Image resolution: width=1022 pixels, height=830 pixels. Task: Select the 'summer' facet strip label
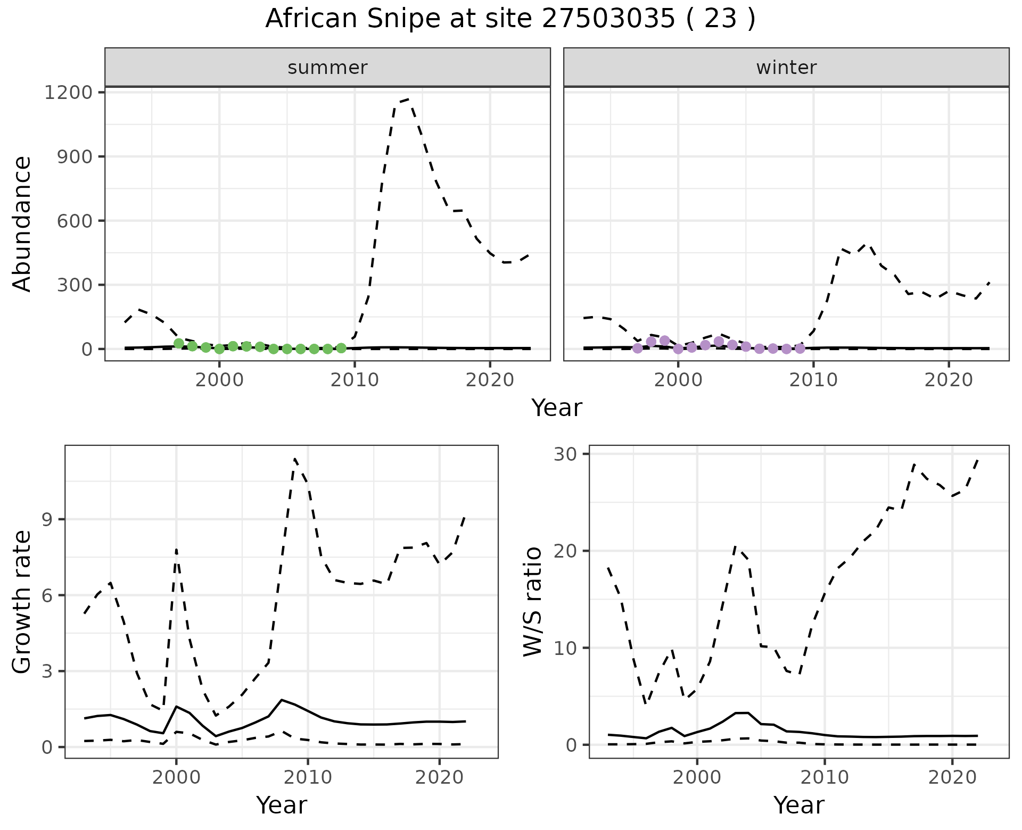click(327, 68)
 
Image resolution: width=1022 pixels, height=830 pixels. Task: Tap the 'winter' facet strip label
click(786, 68)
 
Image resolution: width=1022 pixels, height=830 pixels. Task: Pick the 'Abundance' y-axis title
click(22, 223)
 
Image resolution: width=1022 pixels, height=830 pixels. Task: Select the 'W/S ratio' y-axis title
click(532, 601)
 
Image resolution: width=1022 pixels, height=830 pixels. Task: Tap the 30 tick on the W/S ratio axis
click(573, 454)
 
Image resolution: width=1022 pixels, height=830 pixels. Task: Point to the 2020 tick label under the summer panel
click(490, 380)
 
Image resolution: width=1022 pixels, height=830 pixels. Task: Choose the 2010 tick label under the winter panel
click(813, 380)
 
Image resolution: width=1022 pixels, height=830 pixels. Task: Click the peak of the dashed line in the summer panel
click(408, 99)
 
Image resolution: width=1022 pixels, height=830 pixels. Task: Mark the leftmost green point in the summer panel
click(179, 344)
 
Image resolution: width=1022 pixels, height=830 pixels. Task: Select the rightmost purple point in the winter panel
click(800, 348)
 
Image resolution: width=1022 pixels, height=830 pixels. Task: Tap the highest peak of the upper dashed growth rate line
click(295, 459)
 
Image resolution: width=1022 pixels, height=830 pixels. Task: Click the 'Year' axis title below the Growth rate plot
click(282, 805)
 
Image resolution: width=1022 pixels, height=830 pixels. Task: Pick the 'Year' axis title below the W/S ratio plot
click(798, 805)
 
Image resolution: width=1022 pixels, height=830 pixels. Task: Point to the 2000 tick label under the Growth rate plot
click(176, 778)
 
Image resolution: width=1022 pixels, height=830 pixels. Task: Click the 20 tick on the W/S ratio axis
click(573, 551)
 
